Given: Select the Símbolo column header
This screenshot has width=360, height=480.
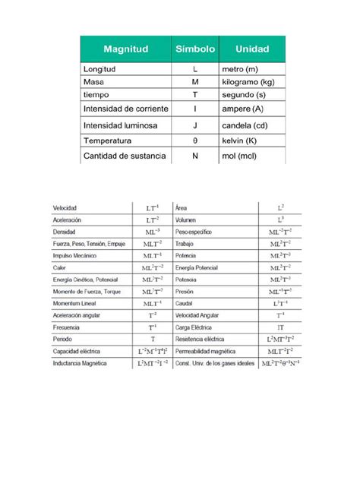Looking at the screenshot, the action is coord(195,49).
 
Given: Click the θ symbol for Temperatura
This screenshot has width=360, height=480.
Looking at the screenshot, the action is coord(195,141).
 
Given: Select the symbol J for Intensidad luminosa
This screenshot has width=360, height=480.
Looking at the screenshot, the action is coord(195,126).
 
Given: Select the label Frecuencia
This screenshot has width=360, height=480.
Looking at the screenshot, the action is coord(65,327).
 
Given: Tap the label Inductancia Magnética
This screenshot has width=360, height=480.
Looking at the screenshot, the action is coord(79,364).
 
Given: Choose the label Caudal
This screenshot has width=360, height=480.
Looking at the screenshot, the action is coord(185,302).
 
